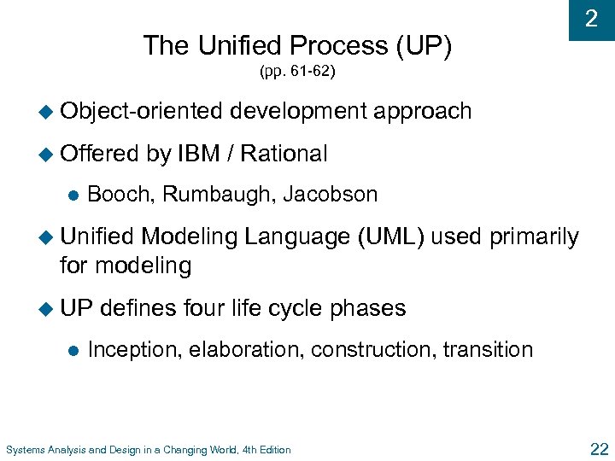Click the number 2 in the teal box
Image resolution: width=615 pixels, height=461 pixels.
tap(591, 17)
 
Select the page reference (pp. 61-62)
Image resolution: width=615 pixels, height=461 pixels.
tap(297, 72)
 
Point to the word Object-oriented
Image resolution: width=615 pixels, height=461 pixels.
tap(141, 111)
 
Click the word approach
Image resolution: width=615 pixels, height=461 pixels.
tap(422, 111)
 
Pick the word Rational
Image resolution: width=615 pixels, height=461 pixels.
tap(284, 154)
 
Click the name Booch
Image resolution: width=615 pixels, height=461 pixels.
tap(120, 195)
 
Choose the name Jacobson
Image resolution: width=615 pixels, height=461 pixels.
tap(330, 195)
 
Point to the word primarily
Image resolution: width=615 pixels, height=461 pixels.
tap(534, 236)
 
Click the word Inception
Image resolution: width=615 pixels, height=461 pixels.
tap(134, 349)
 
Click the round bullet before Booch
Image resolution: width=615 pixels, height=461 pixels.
tap(73, 195)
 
